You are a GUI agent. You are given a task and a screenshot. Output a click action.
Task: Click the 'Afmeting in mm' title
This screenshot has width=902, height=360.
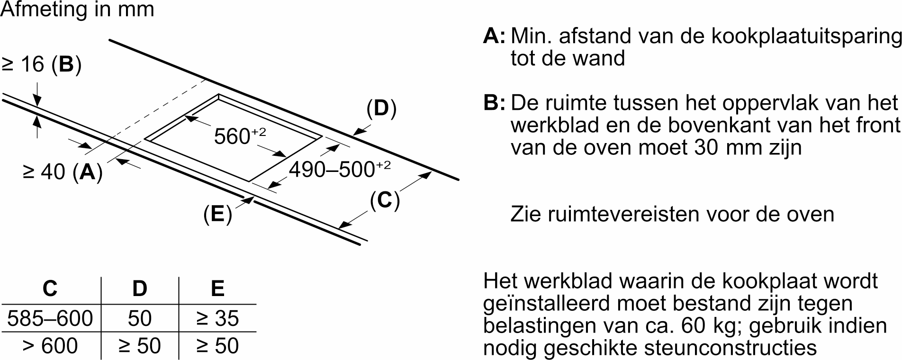[x=78, y=9]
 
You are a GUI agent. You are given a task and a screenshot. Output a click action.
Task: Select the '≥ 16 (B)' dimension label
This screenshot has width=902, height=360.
[x=42, y=65]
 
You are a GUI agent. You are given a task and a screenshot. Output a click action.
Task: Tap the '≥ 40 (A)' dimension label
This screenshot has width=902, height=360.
[x=63, y=172]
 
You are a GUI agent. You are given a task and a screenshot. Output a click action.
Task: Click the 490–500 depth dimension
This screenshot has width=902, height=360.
[x=340, y=169]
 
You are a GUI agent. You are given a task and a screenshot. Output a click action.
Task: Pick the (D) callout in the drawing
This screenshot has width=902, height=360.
[x=381, y=108]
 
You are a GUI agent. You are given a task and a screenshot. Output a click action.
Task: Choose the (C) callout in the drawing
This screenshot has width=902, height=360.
[x=385, y=200]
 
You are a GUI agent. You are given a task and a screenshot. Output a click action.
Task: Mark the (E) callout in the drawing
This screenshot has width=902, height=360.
[x=217, y=214]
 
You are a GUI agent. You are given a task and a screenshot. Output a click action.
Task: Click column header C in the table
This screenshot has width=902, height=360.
[x=50, y=288]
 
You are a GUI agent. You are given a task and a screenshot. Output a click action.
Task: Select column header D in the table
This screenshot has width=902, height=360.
[x=139, y=288]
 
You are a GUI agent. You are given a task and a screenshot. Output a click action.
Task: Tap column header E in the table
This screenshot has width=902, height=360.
[x=217, y=288]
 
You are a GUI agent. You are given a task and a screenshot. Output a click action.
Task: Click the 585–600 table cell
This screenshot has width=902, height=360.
[x=50, y=318]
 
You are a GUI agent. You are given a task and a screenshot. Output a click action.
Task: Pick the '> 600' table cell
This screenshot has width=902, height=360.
[x=50, y=346]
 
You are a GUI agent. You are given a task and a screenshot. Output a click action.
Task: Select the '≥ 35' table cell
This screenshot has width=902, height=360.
[x=217, y=318]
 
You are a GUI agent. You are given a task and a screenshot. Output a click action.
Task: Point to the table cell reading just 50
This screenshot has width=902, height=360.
[x=140, y=318]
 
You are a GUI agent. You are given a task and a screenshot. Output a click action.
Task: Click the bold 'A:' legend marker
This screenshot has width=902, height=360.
[x=495, y=36]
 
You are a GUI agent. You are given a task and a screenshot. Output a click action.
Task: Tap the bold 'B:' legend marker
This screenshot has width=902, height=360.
[x=495, y=103]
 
